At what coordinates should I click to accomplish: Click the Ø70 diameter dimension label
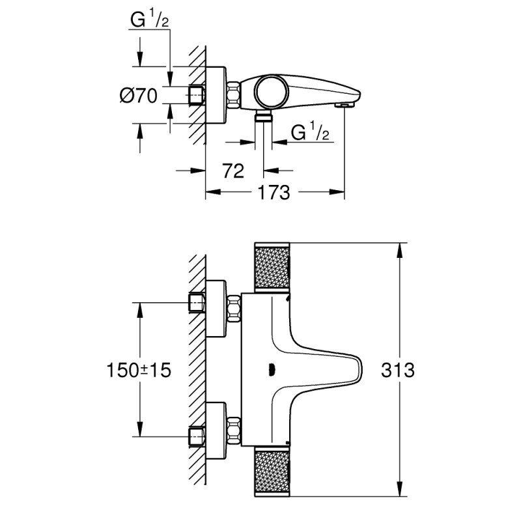[x=139, y=96]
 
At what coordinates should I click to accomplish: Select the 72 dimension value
[x=232, y=171]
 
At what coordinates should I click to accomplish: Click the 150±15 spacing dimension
[x=137, y=371]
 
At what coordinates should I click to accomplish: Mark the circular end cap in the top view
[x=270, y=92]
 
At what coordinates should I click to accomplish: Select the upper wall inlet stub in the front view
[x=197, y=303]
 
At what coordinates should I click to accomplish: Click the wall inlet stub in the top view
[x=196, y=96]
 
